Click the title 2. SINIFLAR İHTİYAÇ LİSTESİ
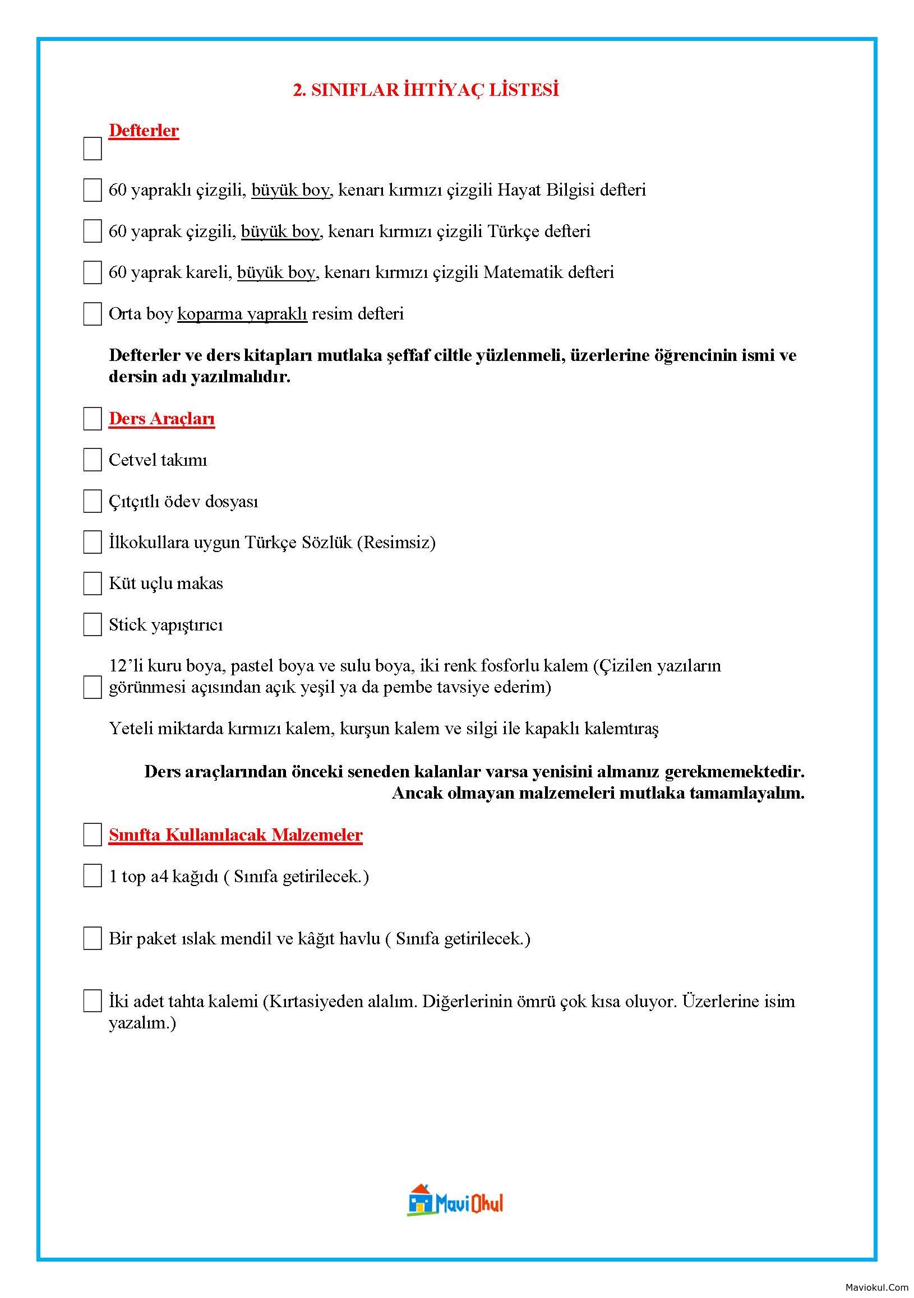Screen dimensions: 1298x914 click(426, 90)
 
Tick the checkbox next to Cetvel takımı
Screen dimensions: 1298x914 click(92, 460)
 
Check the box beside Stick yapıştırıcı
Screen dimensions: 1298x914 click(92, 625)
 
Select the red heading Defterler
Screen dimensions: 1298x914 click(144, 131)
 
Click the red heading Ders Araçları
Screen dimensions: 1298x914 click(161, 419)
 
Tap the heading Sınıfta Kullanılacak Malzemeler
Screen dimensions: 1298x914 click(236, 835)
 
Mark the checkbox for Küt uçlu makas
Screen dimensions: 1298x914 click(92, 583)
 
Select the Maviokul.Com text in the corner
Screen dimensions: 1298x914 click(876, 1287)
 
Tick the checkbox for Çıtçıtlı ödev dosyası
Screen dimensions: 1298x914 click(92, 502)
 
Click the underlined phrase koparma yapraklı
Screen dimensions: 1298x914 click(242, 314)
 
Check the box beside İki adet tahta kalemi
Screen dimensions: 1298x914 click(92, 1000)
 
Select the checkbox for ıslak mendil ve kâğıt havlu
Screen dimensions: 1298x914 click(92, 938)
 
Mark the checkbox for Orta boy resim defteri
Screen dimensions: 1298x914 click(92, 314)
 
